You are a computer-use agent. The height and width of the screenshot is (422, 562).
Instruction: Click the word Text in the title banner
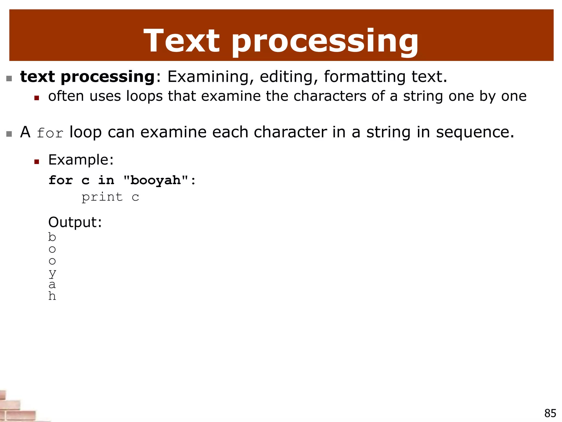[181, 41]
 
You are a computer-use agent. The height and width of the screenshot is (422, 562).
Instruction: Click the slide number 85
[550, 413]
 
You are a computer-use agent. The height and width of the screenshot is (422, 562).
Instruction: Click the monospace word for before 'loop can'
[50, 133]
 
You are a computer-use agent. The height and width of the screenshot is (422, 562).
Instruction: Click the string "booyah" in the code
[156, 181]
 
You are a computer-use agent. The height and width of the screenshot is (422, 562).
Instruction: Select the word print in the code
[102, 197]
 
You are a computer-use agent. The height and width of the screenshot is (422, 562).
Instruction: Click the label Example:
[81, 160]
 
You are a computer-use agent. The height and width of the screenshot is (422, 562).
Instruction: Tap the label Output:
[75, 222]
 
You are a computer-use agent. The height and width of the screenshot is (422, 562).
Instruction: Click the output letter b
[52, 237]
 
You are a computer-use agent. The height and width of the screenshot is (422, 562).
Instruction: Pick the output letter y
[52, 273]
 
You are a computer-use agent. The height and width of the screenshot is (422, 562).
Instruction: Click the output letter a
[52, 285]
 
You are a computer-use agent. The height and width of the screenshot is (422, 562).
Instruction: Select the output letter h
[52, 296]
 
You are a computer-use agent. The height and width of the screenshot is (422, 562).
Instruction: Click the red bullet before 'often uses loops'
[37, 98]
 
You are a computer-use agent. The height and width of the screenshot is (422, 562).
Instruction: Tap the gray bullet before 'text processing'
[9, 79]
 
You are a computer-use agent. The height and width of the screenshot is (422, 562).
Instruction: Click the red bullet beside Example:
[37, 162]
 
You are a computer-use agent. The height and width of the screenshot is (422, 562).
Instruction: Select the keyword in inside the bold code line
[106, 181]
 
